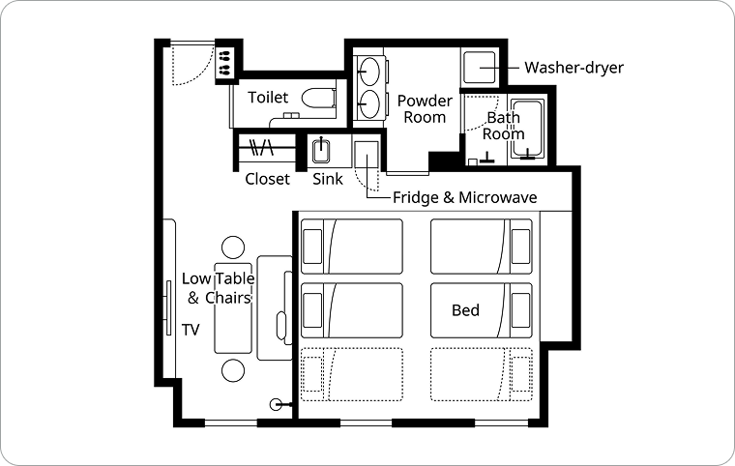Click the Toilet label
(268, 98)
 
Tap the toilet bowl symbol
(319, 98)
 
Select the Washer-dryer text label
(573, 68)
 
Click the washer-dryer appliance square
(480, 68)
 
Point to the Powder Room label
(425, 108)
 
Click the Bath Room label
(504, 126)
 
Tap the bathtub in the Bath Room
(527, 128)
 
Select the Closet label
(268, 179)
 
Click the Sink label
(328, 179)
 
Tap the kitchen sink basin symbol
(321, 152)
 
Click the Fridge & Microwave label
(464, 197)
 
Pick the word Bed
(465, 310)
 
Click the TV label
(191, 330)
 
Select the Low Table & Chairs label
(219, 288)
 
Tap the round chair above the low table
(233, 248)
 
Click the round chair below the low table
(233, 371)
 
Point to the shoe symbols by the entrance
(224, 63)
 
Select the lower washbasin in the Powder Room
(369, 103)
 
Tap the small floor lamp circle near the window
(277, 404)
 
